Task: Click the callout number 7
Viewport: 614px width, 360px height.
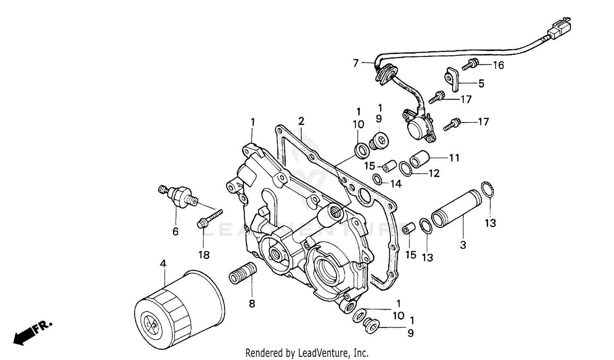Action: click(x=355, y=63)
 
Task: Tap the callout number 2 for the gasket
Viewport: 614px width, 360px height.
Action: click(x=301, y=121)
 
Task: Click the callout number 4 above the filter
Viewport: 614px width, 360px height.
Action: click(x=163, y=264)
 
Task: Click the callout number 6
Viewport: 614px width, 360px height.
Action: click(x=175, y=232)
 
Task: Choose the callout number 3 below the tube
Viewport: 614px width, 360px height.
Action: click(x=463, y=245)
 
